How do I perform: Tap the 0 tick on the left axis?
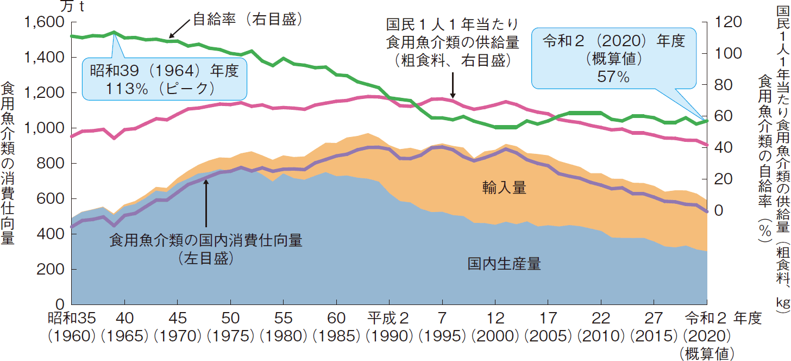click(60, 305)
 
